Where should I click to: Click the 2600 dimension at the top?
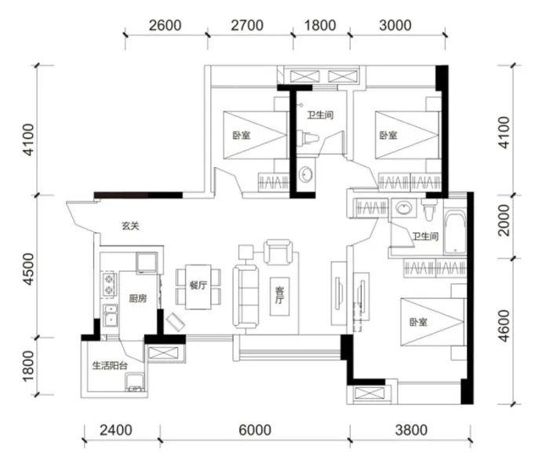point(165,26)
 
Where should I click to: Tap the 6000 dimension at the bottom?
point(255,430)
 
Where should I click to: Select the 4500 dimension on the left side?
point(28,269)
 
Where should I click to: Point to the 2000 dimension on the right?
point(504,220)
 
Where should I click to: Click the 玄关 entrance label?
point(130,226)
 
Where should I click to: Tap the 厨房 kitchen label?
point(137,298)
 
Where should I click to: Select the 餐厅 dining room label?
point(199,285)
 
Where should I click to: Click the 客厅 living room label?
point(279,295)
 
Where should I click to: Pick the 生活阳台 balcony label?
point(109,366)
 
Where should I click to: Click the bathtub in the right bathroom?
point(454,232)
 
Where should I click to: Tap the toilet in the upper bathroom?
point(308,137)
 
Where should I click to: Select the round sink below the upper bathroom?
point(306,174)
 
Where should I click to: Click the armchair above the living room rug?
point(279,252)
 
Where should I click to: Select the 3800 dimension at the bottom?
point(411,430)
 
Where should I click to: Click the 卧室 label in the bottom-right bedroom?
point(418,322)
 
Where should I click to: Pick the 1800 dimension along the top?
point(320,26)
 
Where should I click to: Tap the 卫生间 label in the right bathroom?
point(425,236)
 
